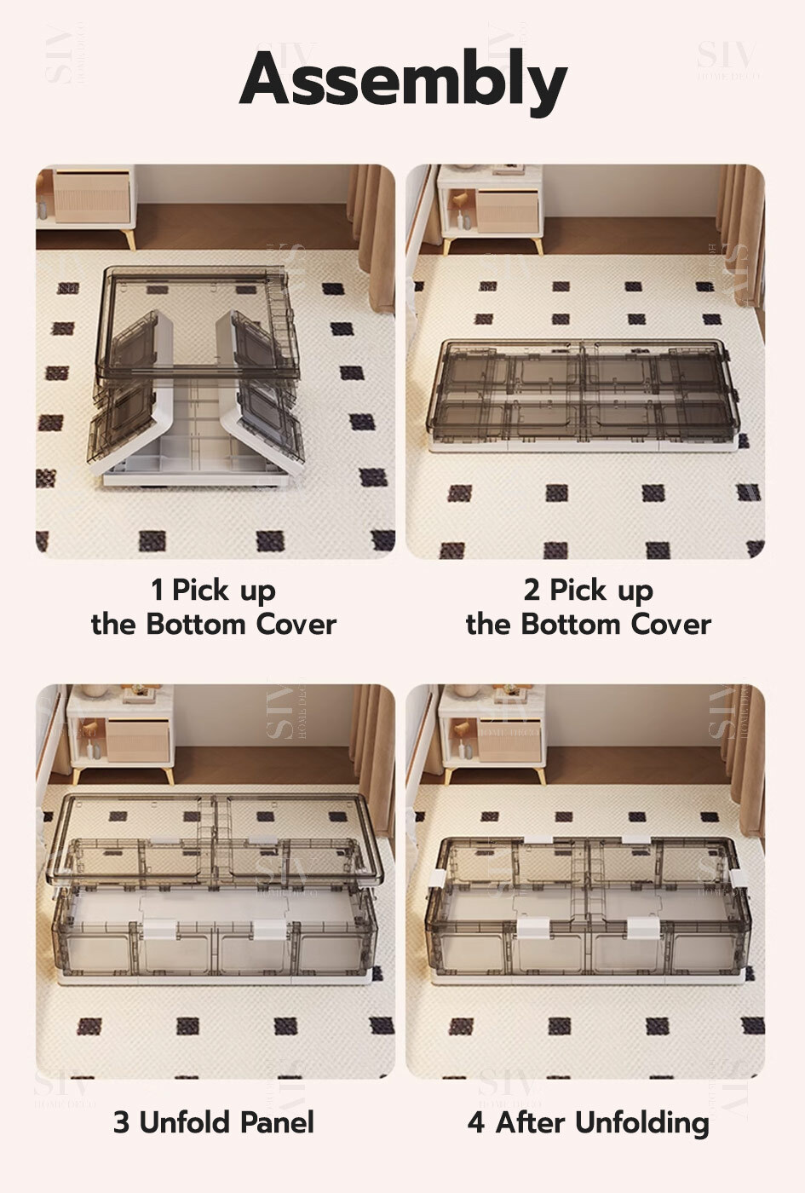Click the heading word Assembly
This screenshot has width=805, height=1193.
point(403,81)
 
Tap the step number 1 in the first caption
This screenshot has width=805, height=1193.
point(157,590)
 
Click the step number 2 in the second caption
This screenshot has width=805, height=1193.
point(532,590)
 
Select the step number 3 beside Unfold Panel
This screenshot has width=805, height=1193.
point(121,1122)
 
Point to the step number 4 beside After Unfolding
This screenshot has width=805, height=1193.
point(476,1122)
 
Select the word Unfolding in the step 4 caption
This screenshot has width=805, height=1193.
point(642,1124)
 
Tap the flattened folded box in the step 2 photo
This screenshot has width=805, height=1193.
point(584,395)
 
